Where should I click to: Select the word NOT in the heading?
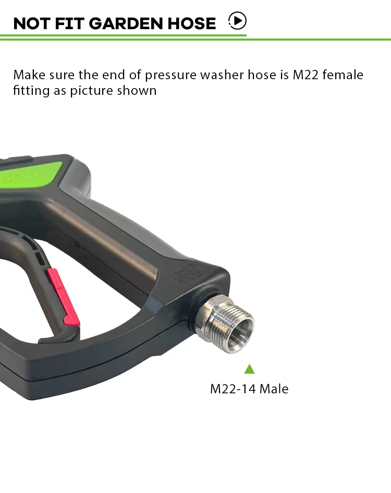coord(31,23)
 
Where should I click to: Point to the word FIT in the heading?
coord(69,23)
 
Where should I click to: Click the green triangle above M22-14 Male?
coord(249,369)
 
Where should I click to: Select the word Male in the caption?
coord(274,389)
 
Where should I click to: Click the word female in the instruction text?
coord(343,75)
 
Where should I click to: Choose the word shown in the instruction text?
coord(137,90)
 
